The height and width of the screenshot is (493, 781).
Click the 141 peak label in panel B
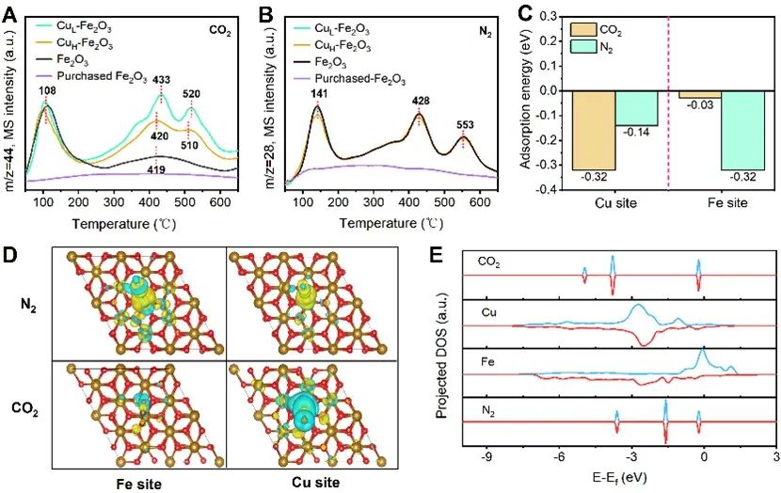(318, 93)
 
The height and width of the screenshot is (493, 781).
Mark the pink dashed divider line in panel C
(669, 103)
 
